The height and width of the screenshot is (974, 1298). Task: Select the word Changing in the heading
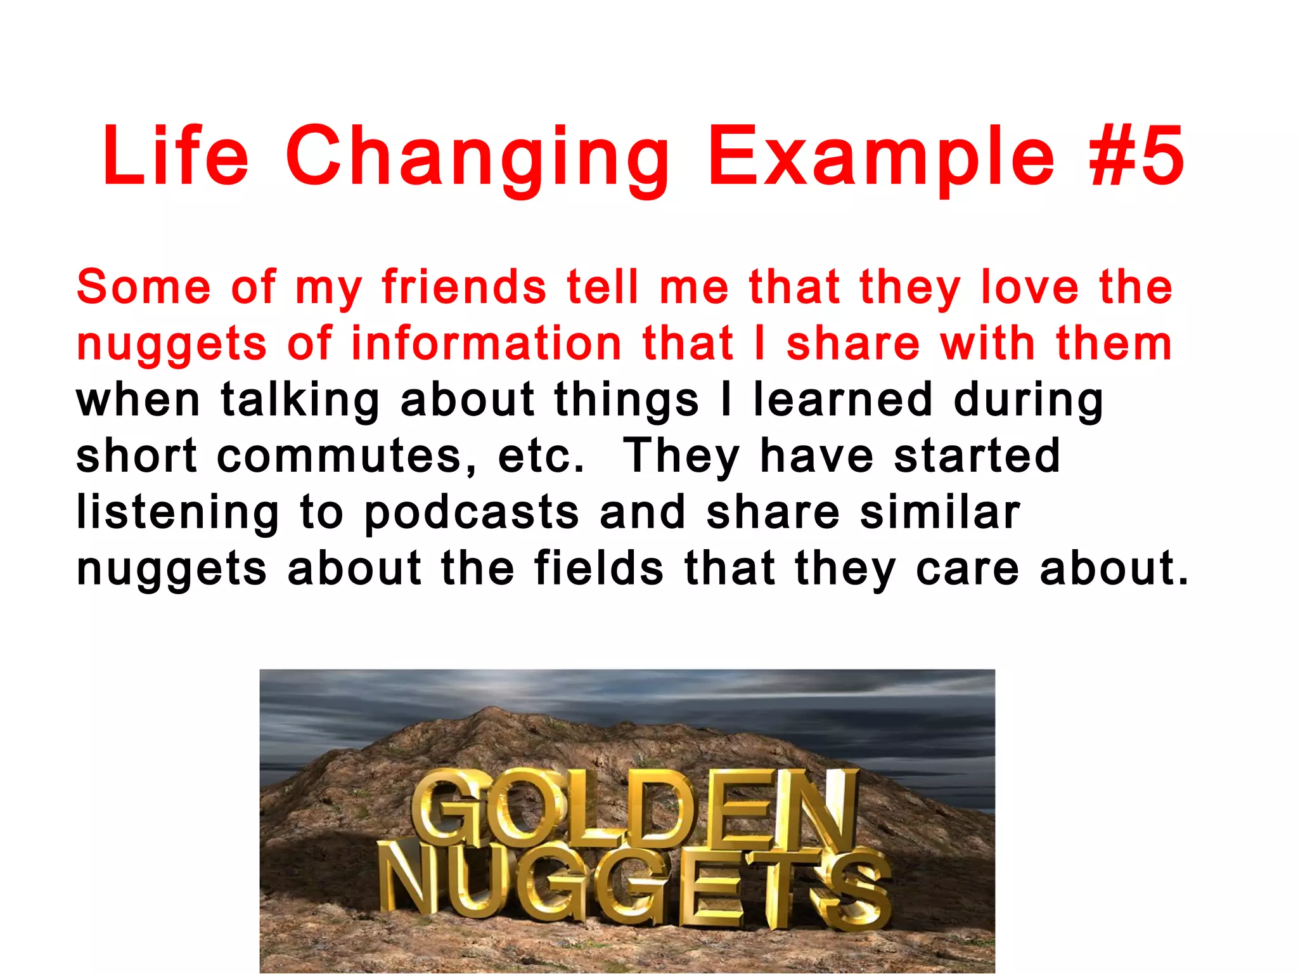(x=477, y=159)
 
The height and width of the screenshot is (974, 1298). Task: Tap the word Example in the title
(x=881, y=159)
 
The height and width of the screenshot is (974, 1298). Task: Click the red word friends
(x=464, y=287)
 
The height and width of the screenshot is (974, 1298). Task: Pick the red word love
(x=1029, y=287)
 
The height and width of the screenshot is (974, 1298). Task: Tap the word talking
(x=300, y=401)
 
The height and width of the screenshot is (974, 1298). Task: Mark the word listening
(x=177, y=514)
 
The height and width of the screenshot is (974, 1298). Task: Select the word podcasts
(x=472, y=514)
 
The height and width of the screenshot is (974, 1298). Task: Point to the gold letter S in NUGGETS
(x=856, y=891)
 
